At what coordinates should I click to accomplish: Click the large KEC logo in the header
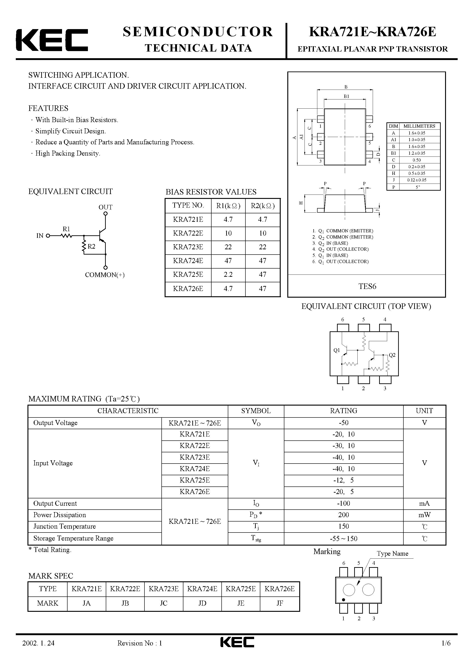[x=52, y=40]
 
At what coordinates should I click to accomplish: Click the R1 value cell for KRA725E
[x=228, y=275]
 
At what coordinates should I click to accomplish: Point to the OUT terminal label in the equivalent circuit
[x=105, y=207]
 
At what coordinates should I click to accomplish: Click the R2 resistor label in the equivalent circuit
[x=92, y=247]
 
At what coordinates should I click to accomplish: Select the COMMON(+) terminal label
[x=105, y=275]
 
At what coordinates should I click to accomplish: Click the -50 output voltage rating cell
[x=343, y=423]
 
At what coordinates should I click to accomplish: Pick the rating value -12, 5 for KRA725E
[x=343, y=480]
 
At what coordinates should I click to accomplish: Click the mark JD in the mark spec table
[x=202, y=603]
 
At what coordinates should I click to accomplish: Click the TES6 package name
[x=367, y=286]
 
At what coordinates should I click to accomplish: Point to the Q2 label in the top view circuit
[x=392, y=355]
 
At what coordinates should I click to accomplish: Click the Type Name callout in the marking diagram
[x=392, y=554]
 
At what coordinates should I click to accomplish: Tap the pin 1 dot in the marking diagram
[x=343, y=600]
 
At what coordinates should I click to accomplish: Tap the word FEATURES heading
[x=48, y=108]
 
